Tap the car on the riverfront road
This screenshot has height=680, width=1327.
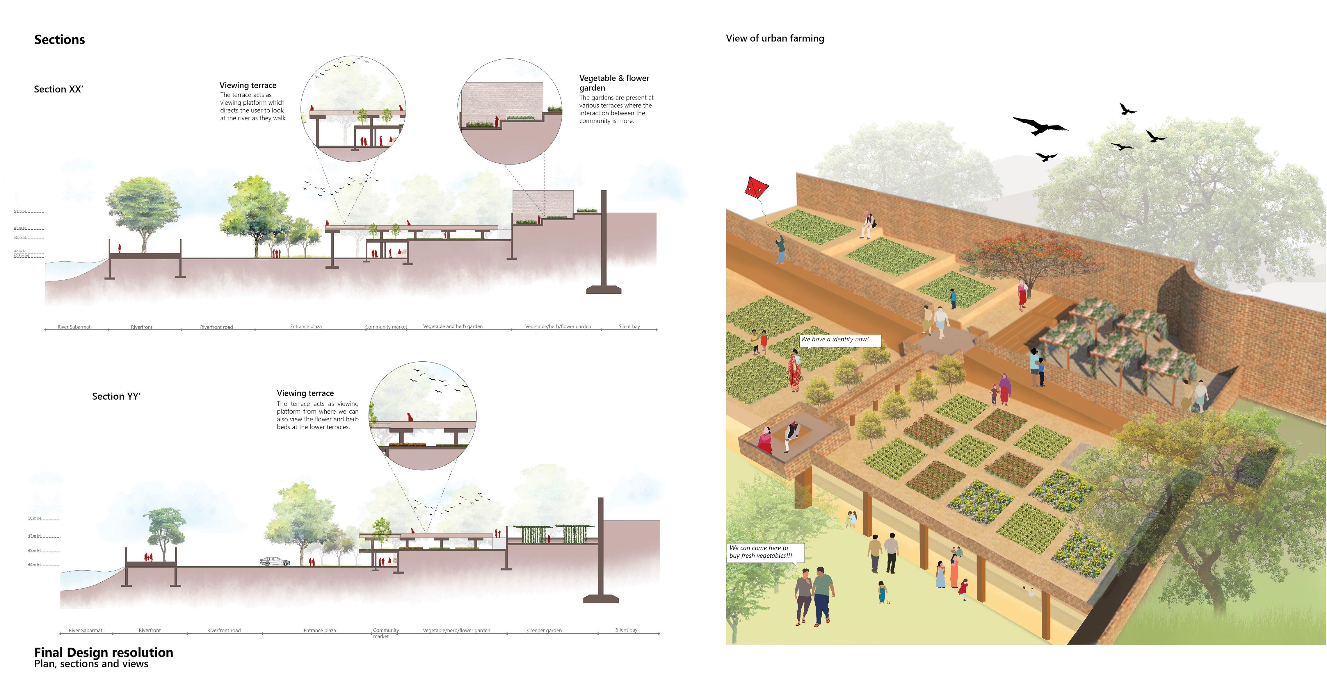tap(275, 561)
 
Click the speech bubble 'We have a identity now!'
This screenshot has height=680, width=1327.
tap(840, 340)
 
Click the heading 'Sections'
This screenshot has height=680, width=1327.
tap(59, 40)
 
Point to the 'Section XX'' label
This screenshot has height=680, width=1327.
tap(58, 89)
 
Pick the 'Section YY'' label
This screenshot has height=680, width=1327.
tap(116, 396)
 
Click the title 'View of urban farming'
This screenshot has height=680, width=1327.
tap(775, 38)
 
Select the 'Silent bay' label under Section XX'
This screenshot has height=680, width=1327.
tap(629, 326)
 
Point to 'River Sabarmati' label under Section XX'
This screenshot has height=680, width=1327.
tap(75, 327)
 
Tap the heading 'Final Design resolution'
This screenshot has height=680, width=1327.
tap(104, 652)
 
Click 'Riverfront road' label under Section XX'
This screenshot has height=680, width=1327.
tap(216, 327)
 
